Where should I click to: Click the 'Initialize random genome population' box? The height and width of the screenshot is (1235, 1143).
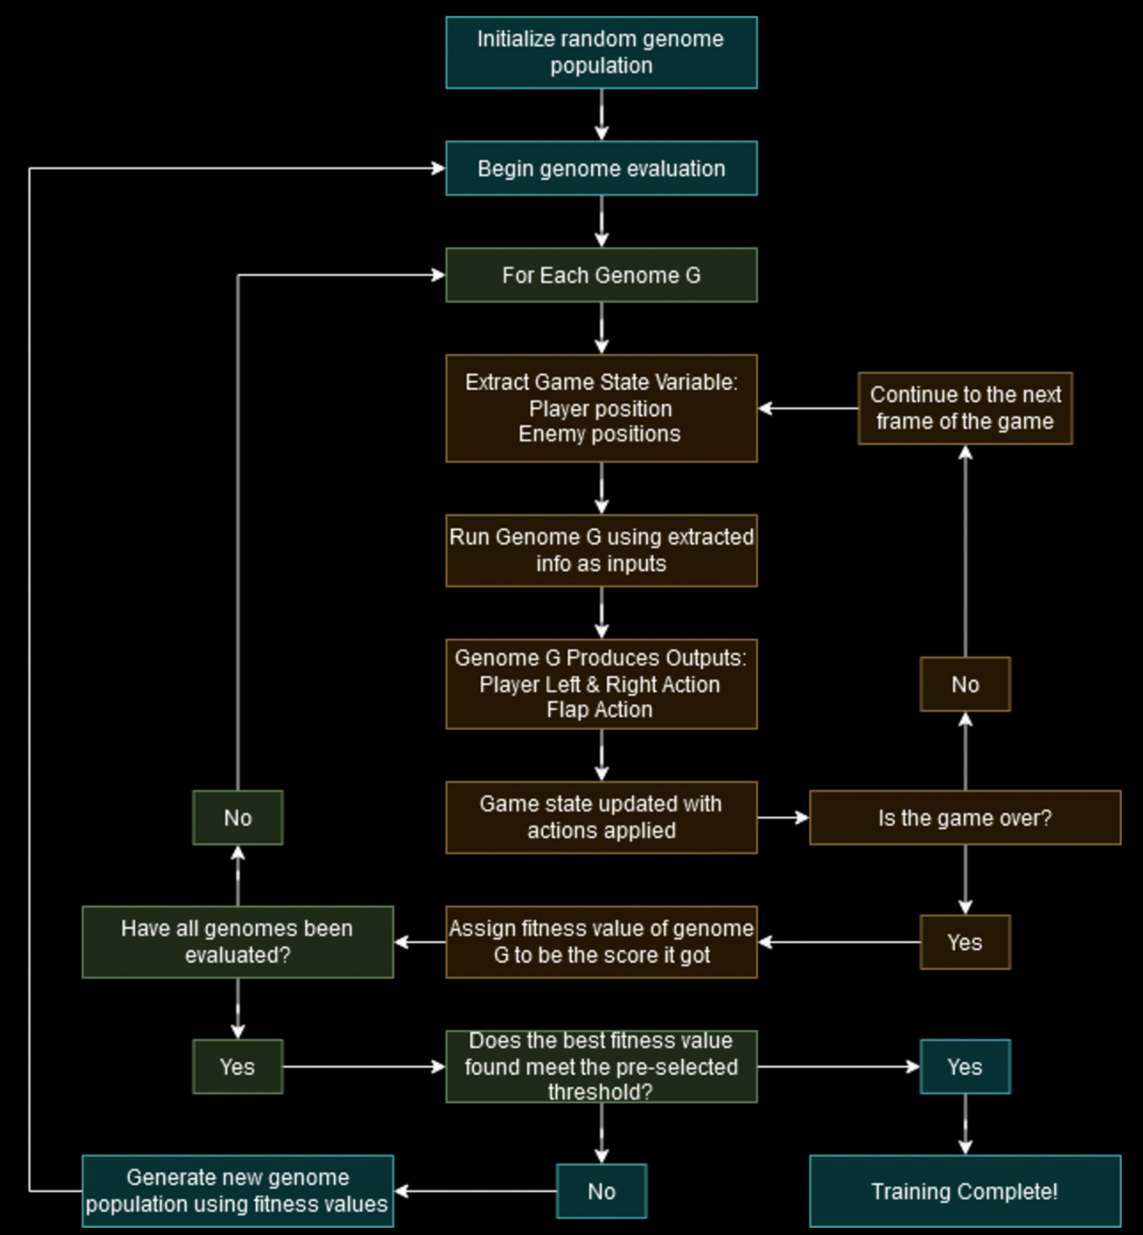pyautogui.click(x=601, y=53)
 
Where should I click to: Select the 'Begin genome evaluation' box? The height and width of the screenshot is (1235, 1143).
pyautogui.click(x=601, y=169)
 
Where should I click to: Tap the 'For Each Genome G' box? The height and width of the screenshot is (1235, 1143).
pyautogui.click(x=601, y=275)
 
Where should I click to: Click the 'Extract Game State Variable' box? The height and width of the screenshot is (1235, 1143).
pyautogui.click(x=601, y=408)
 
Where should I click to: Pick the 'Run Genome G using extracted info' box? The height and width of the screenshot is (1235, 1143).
pyautogui.click(x=601, y=550)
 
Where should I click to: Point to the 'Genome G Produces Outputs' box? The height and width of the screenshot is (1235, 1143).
pyautogui.click(x=601, y=684)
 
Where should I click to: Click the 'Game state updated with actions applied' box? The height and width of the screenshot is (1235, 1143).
pyautogui.click(x=601, y=817)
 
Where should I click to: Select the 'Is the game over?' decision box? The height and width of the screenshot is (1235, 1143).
pyautogui.click(x=964, y=817)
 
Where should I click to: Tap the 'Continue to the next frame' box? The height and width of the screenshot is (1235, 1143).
pyautogui.click(x=964, y=408)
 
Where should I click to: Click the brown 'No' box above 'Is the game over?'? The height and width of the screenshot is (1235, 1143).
pyautogui.click(x=964, y=684)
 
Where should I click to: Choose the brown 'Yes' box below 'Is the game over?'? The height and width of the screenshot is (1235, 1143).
pyautogui.click(x=964, y=942)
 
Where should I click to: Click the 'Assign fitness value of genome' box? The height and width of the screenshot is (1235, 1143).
pyautogui.click(x=601, y=942)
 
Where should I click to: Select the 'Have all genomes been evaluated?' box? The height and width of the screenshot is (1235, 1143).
pyautogui.click(x=237, y=942)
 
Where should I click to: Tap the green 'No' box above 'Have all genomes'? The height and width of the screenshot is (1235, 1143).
pyautogui.click(x=237, y=817)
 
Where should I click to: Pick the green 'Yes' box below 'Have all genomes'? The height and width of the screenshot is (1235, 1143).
pyautogui.click(x=237, y=1066)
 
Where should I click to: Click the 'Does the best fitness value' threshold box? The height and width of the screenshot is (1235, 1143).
pyautogui.click(x=601, y=1066)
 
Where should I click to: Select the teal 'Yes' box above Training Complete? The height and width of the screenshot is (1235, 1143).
pyautogui.click(x=964, y=1066)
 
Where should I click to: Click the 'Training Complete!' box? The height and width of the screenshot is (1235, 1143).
pyautogui.click(x=964, y=1191)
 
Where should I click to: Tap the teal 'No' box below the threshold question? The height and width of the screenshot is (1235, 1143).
pyautogui.click(x=601, y=1191)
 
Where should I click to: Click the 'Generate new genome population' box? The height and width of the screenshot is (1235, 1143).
pyautogui.click(x=237, y=1191)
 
